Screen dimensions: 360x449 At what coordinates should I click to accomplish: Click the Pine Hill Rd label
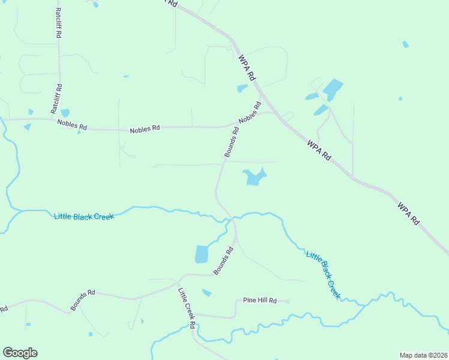click(x=259, y=300)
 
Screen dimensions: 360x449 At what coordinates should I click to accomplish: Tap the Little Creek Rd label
click(x=187, y=308)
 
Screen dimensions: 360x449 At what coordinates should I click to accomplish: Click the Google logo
click(x=20, y=352)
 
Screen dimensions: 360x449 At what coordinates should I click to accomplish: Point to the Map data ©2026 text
click(x=423, y=355)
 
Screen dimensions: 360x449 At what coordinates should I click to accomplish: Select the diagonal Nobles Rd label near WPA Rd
click(x=250, y=112)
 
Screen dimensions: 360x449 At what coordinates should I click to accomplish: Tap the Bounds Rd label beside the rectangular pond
click(x=223, y=261)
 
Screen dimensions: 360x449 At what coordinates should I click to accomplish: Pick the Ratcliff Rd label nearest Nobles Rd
click(x=56, y=99)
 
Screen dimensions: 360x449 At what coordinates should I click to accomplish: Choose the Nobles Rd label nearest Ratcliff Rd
click(x=72, y=125)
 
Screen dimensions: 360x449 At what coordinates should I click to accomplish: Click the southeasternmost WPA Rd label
click(x=408, y=213)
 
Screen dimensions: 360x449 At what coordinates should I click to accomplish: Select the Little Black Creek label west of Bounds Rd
click(x=83, y=216)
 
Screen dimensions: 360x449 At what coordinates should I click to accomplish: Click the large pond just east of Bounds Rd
click(x=254, y=176)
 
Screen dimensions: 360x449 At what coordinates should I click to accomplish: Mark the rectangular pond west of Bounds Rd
click(x=201, y=254)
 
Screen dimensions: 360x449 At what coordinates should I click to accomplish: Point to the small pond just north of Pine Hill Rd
click(x=207, y=293)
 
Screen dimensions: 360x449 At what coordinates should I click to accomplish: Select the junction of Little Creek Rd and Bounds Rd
click(x=179, y=280)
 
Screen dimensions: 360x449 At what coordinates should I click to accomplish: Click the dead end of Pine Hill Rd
click(x=289, y=302)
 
